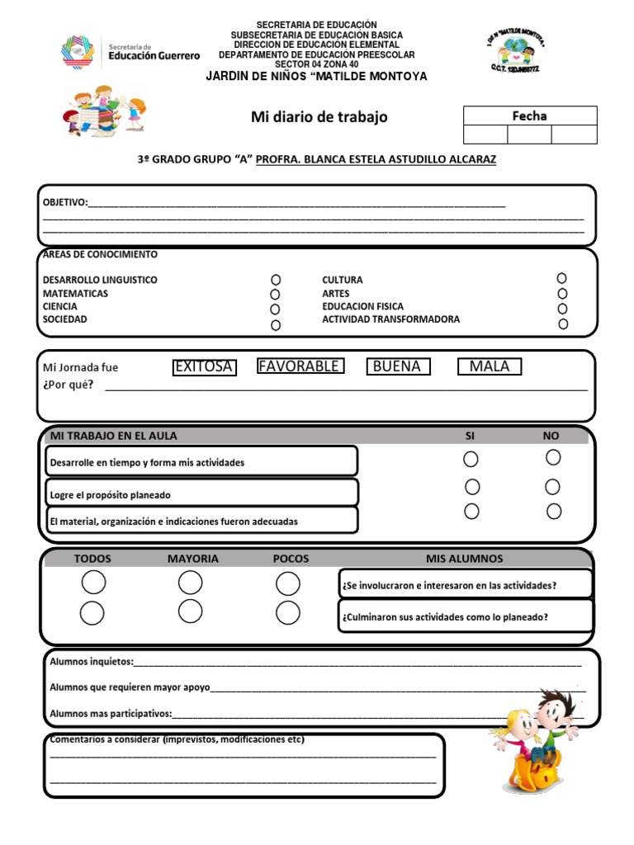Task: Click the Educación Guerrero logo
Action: click(x=130, y=51)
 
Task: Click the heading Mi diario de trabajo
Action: click(x=319, y=117)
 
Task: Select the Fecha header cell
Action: click(x=529, y=116)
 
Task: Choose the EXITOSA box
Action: click(x=204, y=366)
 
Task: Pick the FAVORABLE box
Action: click(x=300, y=366)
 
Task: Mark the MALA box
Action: click(x=490, y=366)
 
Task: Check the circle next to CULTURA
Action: click(x=561, y=279)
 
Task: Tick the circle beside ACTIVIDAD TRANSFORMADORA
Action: click(x=563, y=323)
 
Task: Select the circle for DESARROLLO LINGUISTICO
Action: click(x=276, y=280)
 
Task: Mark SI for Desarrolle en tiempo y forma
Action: click(x=471, y=459)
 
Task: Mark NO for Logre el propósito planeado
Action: click(x=552, y=487)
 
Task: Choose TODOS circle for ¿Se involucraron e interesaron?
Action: click(x=93, y=583)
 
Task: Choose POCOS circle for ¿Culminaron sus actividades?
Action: click(x=287, y=613)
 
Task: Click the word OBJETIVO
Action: click(x=64, y=202)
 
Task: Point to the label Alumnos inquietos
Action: click(x=90, y=662)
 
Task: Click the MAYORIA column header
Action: click(x=193, y=559)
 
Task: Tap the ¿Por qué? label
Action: click(x=68, y=385)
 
